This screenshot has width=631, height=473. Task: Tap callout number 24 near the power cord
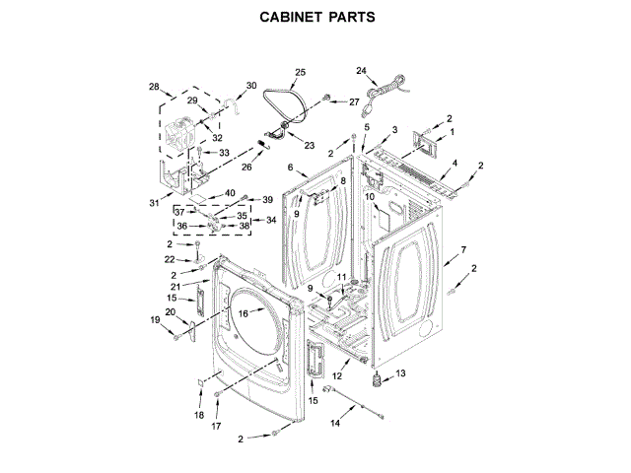(x=361, y=71)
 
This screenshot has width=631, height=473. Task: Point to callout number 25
(x=301, y=71)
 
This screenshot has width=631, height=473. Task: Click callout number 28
(x=154, y=88)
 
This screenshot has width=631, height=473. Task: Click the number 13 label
(x=399, y=372)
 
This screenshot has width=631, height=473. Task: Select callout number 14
(x=335, y=424)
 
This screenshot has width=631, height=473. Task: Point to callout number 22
(x=170, y=258)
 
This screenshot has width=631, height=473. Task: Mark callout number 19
(x=155, y=319)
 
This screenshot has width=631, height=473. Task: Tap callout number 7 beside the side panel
(x=463, y=250)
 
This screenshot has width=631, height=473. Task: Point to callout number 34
(x=257, y=220)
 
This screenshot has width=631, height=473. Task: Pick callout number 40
(x=229, y=193)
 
